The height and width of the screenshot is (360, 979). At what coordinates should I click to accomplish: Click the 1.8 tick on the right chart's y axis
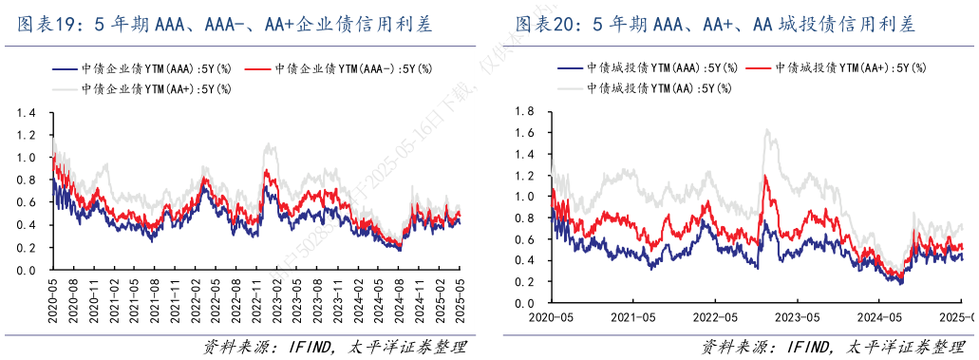pyautogui.click(x=526, y=111)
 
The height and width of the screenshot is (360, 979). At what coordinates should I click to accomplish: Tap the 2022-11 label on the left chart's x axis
pyautogui.click(x=259, y=297)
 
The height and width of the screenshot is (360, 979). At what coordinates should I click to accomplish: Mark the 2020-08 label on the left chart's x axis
pyautogui.click(x=71, y=297)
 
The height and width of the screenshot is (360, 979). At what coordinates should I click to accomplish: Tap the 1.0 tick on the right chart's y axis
pyautogui.click(x=526, y=197)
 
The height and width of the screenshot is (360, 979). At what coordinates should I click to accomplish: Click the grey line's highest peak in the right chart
pyautogui.click(x=767, y=130)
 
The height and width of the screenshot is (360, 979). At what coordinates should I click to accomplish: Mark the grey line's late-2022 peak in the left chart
pyautogui.click(x=270, y=144)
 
